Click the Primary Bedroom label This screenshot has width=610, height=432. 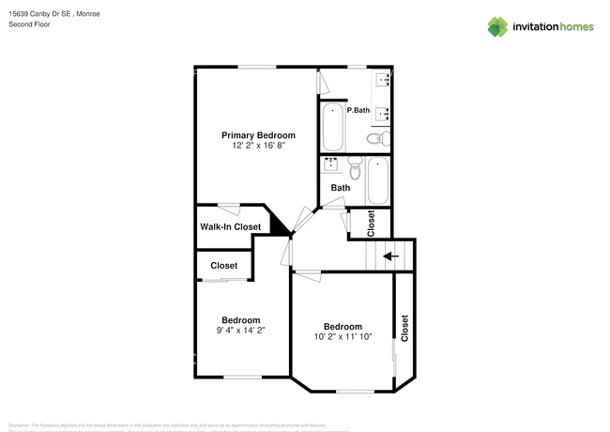tap(258, 135)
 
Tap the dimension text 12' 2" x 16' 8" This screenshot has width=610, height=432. tap(258, 147)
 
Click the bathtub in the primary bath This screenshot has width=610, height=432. tap(333, 128)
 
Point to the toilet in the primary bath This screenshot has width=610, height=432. tap(374, 139)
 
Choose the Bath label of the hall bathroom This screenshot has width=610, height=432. tap(340, 188)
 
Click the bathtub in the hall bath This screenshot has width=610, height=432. tap(378, 180)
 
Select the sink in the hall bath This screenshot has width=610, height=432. tap(331, 165)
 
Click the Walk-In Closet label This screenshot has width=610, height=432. tap(230, 227)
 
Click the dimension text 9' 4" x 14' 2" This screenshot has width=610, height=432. tap(240, 331)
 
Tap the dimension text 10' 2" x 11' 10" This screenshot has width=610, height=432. tap(343, 337)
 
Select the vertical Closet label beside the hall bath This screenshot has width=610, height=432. tap(372, 223)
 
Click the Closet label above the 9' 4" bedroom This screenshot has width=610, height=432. tap(223, 266)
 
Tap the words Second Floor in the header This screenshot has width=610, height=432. tap(30, 24)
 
